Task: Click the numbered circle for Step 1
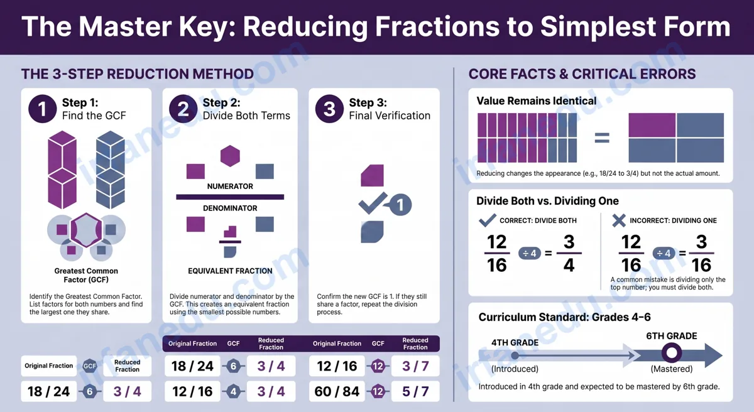click(x=42, y=109)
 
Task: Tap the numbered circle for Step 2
click(x=183, y=109)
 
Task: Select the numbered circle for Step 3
click(x=329, y=109)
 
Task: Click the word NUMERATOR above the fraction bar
click(x=230, y=187)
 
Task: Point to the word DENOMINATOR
click(x=230, y=208)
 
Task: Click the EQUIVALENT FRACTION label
click(x=230, y=271)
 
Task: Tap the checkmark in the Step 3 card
click(x=373, y=203)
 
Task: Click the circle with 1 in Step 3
click(x=400, y=205)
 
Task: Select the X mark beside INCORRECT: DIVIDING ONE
click(x=619, y=220)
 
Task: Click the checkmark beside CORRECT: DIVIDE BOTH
click(x=487, y=220)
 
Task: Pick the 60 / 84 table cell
click(x=337, y=391)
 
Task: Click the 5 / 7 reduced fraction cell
click(x=415, y=391)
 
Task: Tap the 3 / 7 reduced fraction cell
click(x=415, y=366)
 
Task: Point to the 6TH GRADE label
click(x=672, y=336)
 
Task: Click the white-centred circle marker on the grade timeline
click(x=672, y=353)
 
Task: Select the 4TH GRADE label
click(x=515, y=343)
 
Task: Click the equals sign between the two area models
click(x=602, y=138)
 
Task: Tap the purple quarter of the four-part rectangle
click(x=652, y=125)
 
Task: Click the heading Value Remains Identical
click(x=536, y=101)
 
